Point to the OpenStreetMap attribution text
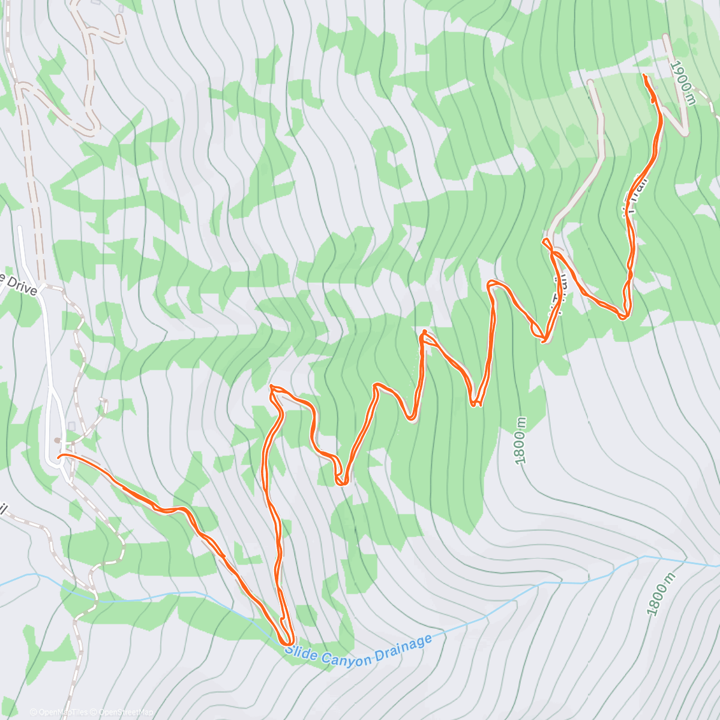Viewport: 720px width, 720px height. (x=125, y=712)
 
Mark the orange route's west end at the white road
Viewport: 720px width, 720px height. (x=59, y=457)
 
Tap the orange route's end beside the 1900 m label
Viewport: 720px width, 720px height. (x=644, y=76)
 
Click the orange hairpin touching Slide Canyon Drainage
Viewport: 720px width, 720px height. (x=287, y=642)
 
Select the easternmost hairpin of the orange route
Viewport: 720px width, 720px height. (x=625, y=314)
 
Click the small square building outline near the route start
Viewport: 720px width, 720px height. (x=72, y=425)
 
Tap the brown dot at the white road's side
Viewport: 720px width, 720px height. (x=56, y=440)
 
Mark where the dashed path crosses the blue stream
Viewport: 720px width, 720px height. (x=93, y=594)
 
